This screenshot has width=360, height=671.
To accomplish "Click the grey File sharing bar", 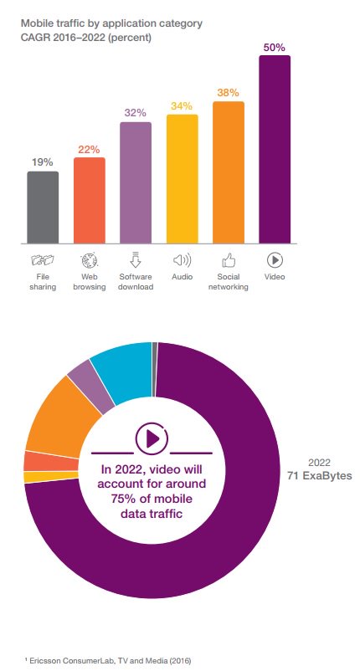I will coord(43,207).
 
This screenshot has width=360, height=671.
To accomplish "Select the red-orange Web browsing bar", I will coord(90,200).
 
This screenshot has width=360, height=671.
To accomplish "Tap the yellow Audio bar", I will coord(182,178).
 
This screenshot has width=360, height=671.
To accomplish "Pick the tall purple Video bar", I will coord(275,149).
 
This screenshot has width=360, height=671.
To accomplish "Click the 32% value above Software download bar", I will coord(136,113).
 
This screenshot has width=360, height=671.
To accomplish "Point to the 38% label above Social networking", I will coord(229,92).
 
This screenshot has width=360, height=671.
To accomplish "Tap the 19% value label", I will coord(43,162).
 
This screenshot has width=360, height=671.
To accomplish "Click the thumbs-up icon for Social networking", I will coord(229,260).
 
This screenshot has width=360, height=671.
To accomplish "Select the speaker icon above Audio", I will coord(182,260).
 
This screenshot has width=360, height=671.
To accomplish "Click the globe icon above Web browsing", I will coord(89,260).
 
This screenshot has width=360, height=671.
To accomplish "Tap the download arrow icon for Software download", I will coord(136,260).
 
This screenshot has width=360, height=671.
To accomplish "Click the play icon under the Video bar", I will coord(275,260).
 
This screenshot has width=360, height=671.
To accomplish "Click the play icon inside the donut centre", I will coord(152,438).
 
